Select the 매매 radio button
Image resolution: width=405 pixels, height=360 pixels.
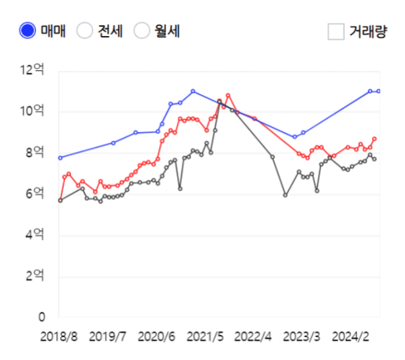click(28, 30)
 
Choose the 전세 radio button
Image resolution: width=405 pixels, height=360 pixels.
click(85, 30)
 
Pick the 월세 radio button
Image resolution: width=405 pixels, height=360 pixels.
click(143, 30)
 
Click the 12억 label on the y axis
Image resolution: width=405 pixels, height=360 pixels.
click(32, 70)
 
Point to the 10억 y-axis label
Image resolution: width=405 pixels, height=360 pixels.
click(32, 111)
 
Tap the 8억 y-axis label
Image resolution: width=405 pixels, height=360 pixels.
click(35, 152)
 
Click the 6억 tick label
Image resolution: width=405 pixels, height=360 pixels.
click(35, 194)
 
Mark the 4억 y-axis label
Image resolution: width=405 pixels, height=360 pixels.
click(35, 235)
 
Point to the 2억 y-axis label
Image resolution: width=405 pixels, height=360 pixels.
click(35, 276)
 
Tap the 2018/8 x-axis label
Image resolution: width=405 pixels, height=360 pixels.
click(59, 336)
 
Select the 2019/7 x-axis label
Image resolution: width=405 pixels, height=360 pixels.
click(108, 336)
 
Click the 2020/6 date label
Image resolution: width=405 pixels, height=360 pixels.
click(157, 336)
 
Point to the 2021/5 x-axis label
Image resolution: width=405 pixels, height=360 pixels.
click(205, 336)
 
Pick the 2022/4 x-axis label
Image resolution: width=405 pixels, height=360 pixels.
click(253, 336)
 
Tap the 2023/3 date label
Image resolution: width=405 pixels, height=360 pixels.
click(302, 336)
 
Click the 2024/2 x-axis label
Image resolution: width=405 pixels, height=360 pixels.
click(350, 336)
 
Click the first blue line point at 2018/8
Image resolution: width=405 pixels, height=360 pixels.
click(60, 158)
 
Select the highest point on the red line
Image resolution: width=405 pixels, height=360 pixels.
click(228, 95)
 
